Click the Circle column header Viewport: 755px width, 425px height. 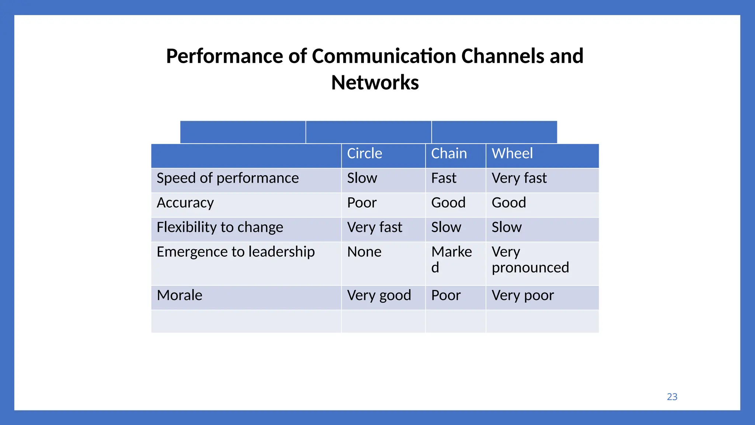click(365, 153)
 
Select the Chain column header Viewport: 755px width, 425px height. click(449, 153)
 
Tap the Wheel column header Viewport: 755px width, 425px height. click(512, 153)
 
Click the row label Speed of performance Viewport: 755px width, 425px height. click(227, 178)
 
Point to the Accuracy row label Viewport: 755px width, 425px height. click(185, 203)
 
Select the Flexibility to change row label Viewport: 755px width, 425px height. click(220, 227)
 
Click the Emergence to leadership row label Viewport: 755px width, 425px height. click(236, 252)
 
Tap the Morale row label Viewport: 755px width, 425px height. click(180, 296)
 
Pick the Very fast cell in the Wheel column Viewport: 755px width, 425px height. click(519, 178)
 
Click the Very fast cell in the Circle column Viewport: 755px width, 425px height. click(375, 227)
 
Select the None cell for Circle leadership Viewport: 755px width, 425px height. click(364, 252)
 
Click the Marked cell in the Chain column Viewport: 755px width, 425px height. click(451, 259)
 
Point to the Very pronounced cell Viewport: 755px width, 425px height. click(530, 260)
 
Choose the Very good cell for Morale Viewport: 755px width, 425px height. click(379, 296)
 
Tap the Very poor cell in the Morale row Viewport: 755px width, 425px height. click(523, 296)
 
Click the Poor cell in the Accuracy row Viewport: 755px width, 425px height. click(362, 203)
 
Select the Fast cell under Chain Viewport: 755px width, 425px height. click(443, 178)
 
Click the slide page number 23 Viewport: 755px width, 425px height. click(672, 397)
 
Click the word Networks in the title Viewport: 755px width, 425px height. click(375, 82)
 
